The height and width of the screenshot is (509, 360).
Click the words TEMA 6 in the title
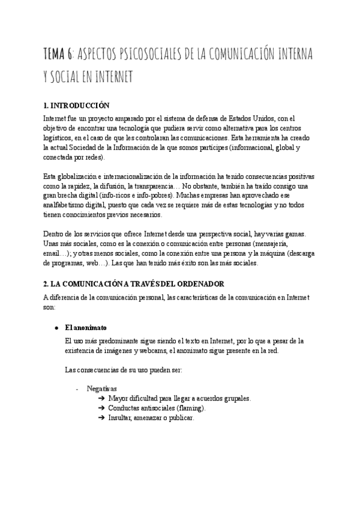pyautogui.click(x=58, y=55)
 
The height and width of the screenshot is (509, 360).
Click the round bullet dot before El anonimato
pyautogui.click(x=56, y=328)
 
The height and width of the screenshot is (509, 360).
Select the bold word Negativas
pyautogui.click(x=101, y=389)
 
